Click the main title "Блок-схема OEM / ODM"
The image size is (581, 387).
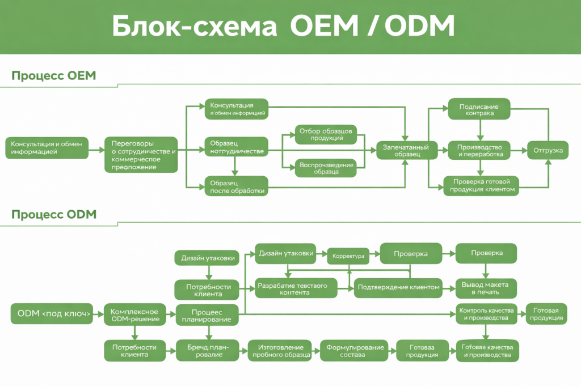pos(283,27)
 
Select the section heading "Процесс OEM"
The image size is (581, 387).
pos(54,76)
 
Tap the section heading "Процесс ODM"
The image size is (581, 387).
pos(54,214)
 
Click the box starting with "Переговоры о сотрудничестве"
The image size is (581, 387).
pos(141,155)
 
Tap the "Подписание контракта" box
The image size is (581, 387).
pos(479,109)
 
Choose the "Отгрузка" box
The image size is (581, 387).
pos(548,150)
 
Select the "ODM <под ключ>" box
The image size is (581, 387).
pos(52,313)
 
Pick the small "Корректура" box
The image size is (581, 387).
pos(348,256)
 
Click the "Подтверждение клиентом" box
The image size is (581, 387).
pos(398,287)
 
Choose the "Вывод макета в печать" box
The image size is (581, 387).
pos(486,288)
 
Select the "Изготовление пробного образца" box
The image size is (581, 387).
pos(280,351)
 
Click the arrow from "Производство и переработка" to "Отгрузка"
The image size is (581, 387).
pos(519,150)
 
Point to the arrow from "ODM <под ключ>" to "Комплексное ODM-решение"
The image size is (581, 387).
pos(98,313)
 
